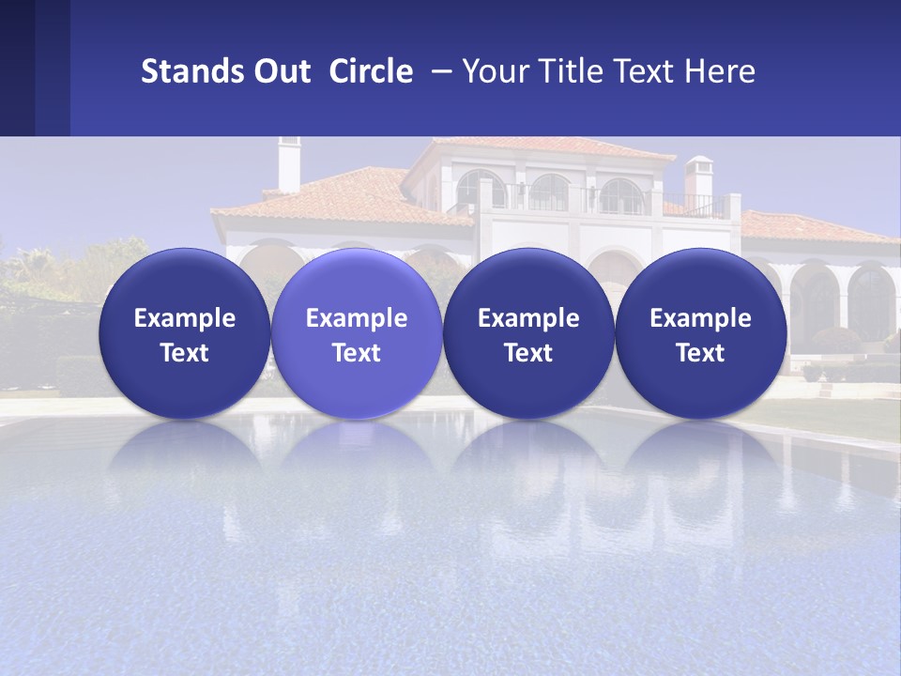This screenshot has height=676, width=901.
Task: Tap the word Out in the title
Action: pos(280,71)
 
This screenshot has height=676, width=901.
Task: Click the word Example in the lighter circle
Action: pos(357,318)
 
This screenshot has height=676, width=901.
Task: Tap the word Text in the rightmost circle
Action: pos(700,353)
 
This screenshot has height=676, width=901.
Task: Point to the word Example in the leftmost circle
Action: pos(185,318)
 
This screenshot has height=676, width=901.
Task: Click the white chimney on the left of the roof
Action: pos(289,164)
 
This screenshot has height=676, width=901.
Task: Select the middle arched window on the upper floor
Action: pos(548,192)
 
